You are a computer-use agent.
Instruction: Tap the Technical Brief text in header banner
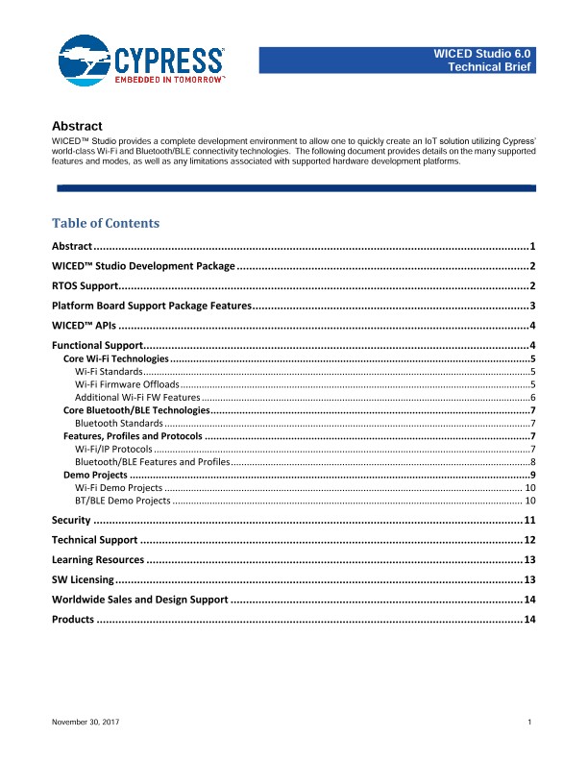[484, 67]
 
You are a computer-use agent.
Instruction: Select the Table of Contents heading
[106, 223]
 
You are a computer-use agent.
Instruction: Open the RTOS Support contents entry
[85, 286]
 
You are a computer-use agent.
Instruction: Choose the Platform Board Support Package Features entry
[152, 306]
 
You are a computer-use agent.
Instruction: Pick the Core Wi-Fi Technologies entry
[115, 357]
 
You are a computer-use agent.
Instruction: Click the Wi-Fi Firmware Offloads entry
[128, 383]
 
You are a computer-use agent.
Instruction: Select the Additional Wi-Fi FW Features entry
[137, 397]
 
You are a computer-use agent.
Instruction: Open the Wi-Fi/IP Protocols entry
[112, 449]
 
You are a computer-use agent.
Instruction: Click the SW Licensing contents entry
[83, 579]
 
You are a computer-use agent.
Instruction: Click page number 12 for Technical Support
[528, 540]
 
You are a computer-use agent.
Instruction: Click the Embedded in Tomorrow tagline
[169, 82]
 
